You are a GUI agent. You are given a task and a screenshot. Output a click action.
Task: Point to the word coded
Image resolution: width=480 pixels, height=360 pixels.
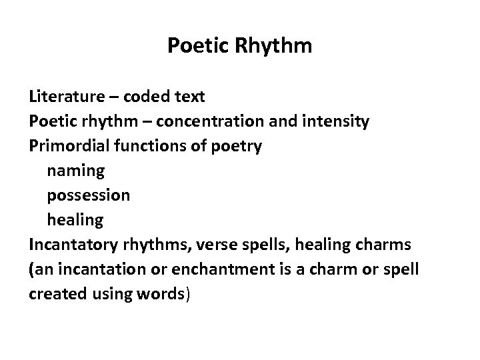click(x=150, y=97)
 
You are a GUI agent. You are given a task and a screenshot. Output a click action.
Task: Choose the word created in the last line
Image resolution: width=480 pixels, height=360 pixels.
click(x=54, y=293)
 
